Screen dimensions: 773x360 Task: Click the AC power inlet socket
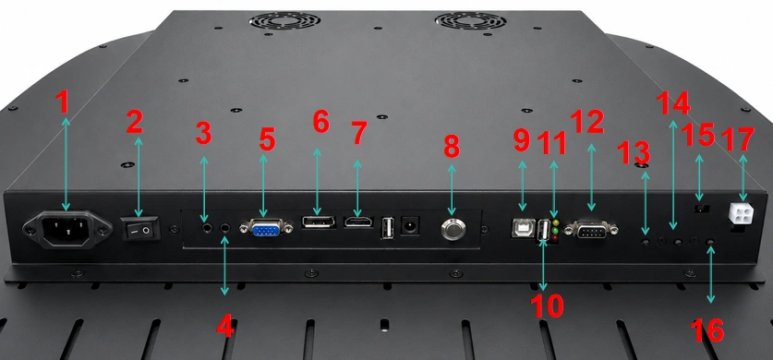tap(66, 230)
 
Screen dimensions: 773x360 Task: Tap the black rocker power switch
tap(140, 229)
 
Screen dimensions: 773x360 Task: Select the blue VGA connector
tap(266, 228)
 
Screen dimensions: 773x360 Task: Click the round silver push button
tap(453, 230)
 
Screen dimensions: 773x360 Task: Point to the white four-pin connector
tap(740, 214)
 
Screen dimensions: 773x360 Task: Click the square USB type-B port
tap(523, 227)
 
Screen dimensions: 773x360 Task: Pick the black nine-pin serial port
tap(591, 230)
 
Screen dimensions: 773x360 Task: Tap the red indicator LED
tap(556, 238)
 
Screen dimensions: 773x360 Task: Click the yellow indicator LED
tap(556, 222)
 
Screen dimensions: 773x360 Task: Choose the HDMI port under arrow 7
tap(359, 222)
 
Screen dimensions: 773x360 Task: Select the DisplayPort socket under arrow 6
tap(319, 222)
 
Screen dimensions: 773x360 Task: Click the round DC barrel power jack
tap(410, 226)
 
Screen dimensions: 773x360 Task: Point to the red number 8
tap(452, 146)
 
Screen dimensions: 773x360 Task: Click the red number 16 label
tap(707, 330)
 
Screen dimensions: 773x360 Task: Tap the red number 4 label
tap(225, 326)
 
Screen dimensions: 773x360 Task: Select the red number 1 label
tap(62, 102)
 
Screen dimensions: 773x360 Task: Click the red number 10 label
tap(548, 306)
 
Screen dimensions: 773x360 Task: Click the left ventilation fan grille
tap(284, 20)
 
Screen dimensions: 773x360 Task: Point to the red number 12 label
tap(587, 121)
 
